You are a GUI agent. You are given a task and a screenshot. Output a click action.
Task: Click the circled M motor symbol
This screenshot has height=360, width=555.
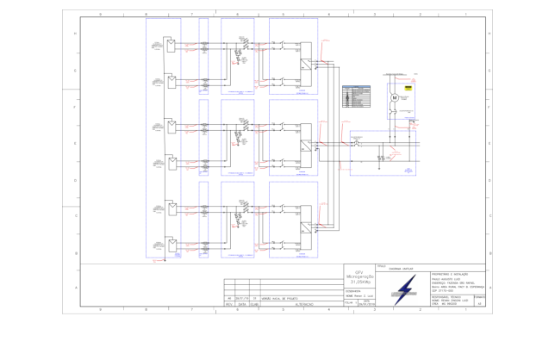click(393, 98)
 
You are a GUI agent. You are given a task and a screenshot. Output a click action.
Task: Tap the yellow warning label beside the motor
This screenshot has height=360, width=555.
click(410, 89)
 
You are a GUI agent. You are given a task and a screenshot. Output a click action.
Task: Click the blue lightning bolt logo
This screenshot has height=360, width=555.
click(404, 291)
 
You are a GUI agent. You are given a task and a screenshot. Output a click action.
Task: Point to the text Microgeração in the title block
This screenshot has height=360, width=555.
click(359, 276)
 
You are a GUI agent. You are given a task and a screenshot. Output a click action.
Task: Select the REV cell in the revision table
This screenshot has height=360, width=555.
click(228, 304)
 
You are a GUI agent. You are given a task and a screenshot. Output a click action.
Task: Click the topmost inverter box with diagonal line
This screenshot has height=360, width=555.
click(306, 65)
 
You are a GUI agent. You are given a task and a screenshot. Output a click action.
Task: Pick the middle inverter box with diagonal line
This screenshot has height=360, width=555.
click(306, 147)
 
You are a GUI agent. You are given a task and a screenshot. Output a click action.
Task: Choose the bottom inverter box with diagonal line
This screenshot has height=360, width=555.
click(306, 228)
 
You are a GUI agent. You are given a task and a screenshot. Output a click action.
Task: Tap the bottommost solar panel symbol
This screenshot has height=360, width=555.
click(172, 244)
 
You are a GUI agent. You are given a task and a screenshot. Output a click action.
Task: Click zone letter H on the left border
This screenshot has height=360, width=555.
click(76, 33)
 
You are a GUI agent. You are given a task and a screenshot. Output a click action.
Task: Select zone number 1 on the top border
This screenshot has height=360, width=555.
click(465, 15)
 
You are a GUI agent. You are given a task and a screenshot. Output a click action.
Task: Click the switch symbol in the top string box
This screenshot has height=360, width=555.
click(245, 44)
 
